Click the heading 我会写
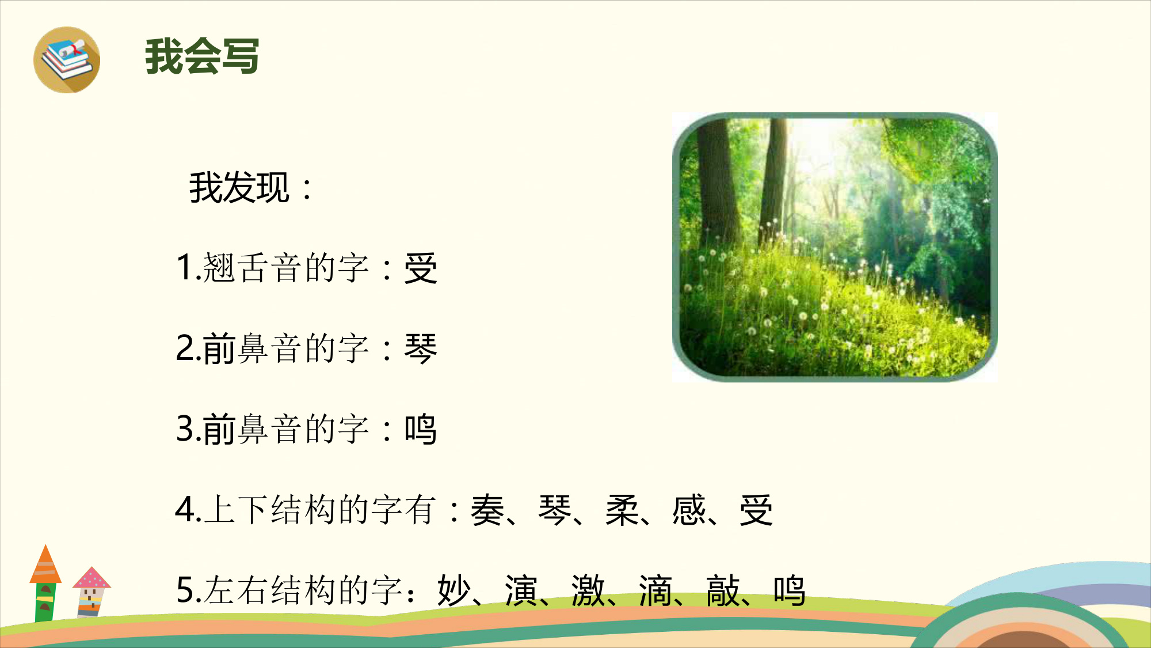coord(202,56)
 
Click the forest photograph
coord(835,247)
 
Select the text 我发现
coord(239,188)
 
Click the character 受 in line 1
coord(421,268)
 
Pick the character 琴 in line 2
coord(421,349)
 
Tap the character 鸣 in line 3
coord(421,430)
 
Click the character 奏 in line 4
coord(487,510)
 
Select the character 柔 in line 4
coord(622,510)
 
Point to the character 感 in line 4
coord(689,510)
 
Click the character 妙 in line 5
coord(454,591)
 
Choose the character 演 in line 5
coord(521,591)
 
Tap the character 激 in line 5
coord(588,591)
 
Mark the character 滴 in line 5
coord(655,591)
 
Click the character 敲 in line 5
coord(723,591)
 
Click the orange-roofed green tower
coord(45,583)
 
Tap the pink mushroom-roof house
coord(91,592)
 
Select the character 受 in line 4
coord(756,510)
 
